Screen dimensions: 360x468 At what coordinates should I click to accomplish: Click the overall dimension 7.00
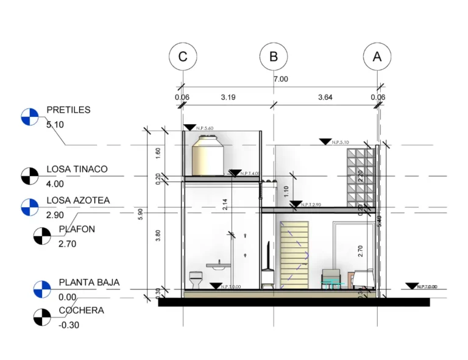click(280, 79)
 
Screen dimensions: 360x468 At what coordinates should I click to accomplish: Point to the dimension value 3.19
click(228, 97)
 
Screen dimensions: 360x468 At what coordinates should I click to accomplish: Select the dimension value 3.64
click(325, 97)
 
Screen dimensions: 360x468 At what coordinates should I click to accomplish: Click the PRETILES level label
click(68, 110)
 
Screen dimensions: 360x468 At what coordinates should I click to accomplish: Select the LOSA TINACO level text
click(77, 169)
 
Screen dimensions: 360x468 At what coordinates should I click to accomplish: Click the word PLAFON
click(77, 230)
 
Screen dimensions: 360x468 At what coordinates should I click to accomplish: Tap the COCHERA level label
click(81, 310)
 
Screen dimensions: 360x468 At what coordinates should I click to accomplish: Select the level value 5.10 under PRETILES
click(55, 124)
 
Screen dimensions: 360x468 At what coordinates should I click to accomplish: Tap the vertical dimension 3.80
click(158, 236)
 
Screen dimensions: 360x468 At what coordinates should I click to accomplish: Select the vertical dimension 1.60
click(158, 153)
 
